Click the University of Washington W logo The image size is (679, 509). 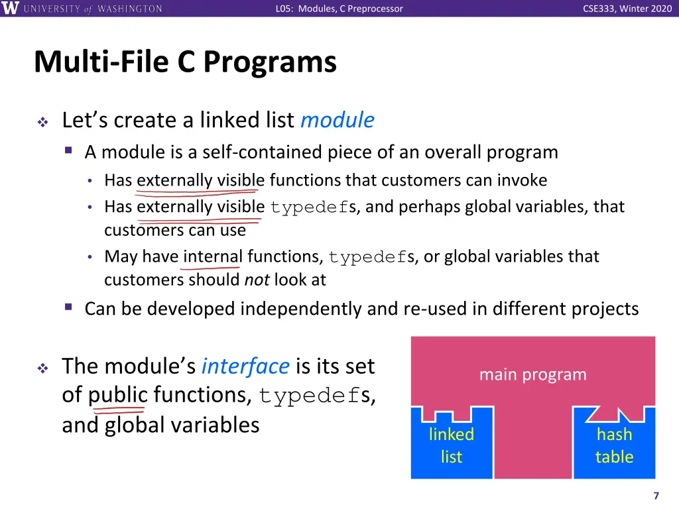coord(11,9)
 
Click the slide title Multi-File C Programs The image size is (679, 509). coord(185,62)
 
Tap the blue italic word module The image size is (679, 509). coord(337,120)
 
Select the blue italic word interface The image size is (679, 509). coord(245,366)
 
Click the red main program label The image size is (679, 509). coord(532,374)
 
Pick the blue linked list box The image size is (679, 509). coord(452,445)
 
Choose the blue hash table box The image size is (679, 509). coord(614,445)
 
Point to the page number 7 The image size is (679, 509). coord(656,496)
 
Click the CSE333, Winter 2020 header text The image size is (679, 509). coord(627,9)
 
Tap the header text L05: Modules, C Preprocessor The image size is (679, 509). coord(339,9)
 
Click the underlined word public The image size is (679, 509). coord(118,395)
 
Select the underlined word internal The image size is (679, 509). coord(212,256)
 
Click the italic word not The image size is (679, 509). coord(256,280)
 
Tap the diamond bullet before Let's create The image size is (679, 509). coord(42,122)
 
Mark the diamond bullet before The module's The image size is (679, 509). coord(42,368)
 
